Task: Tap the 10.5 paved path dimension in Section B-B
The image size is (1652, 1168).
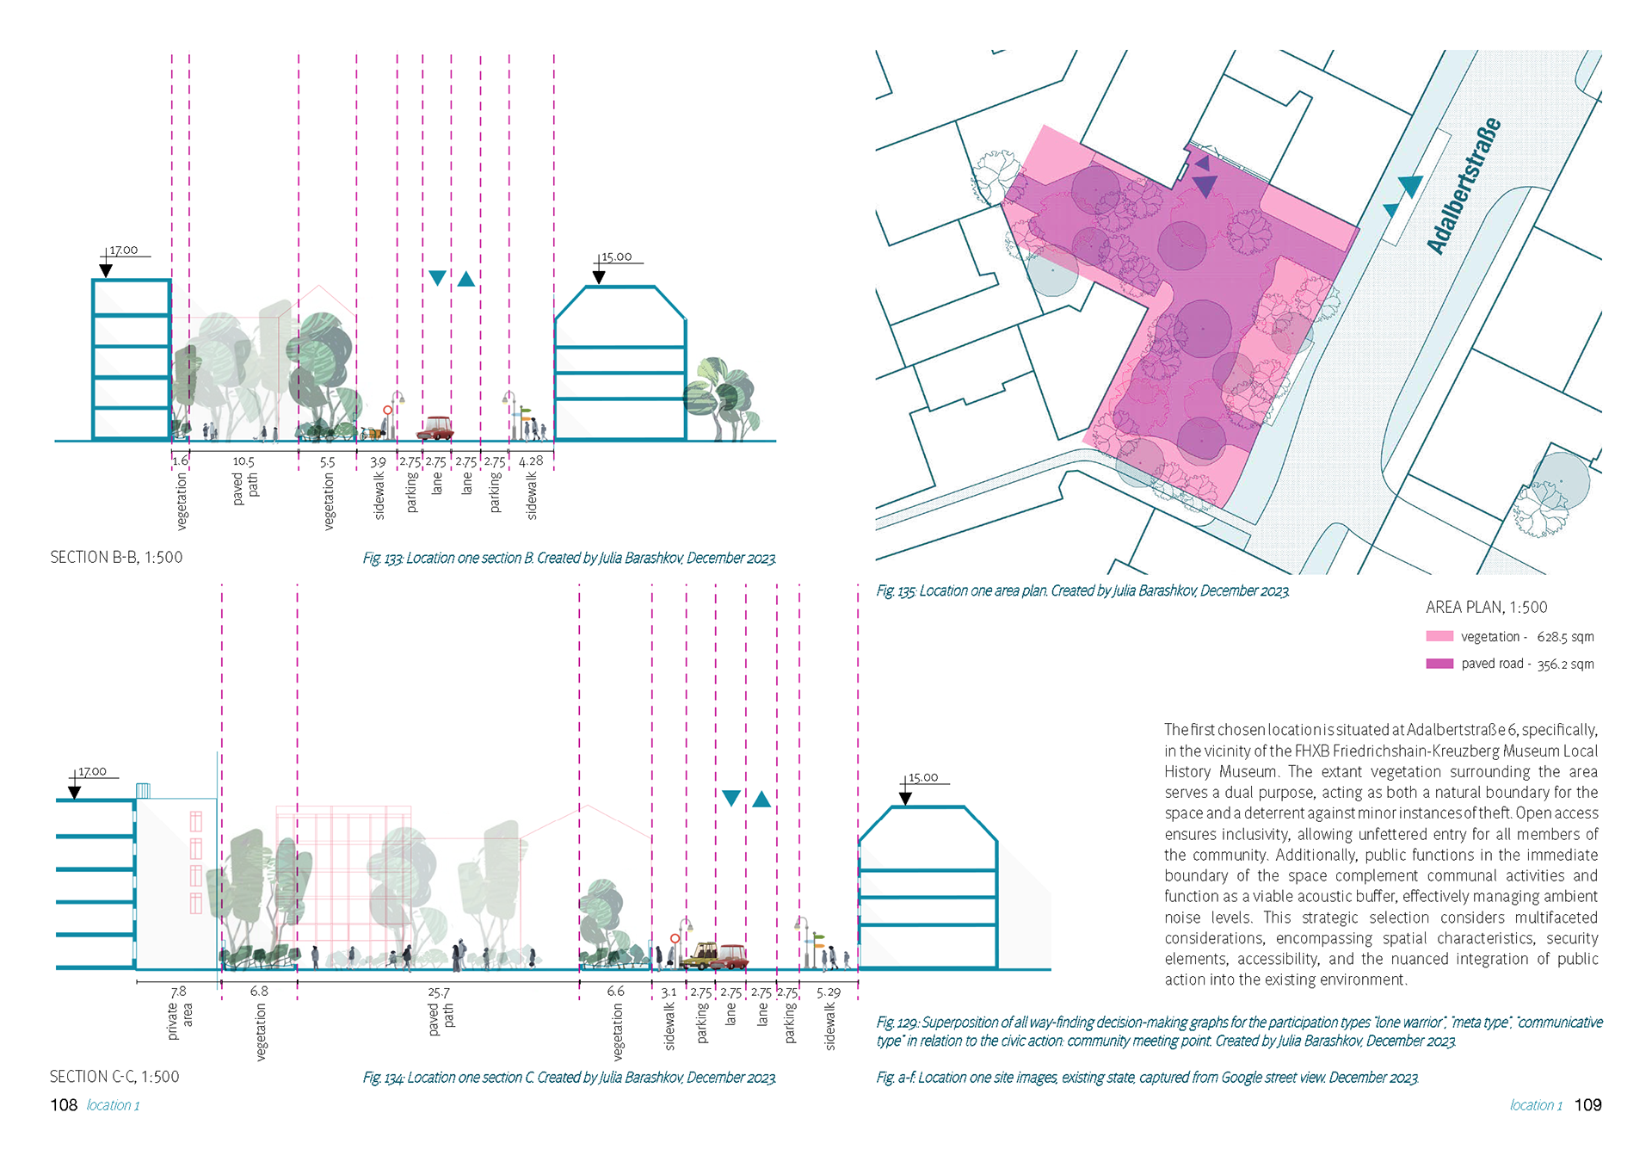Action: [x=243, y=461]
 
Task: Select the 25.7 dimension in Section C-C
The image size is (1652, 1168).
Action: [x=438, y=992]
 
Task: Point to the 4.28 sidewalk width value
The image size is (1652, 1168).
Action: [x=531, y=460]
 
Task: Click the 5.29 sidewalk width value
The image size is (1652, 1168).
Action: [x=828, y=992]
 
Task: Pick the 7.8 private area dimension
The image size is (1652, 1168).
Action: [x=178, y=992]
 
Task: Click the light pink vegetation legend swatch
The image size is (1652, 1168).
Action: [x=1439, y=636]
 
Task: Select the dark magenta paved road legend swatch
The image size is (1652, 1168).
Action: [x=1439, y=664]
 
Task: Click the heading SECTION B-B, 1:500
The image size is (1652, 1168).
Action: [x=116, y=558]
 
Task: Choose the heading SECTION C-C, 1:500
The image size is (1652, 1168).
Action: [x=114, y=1077]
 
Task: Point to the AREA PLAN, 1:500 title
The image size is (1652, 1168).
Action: [x=1486, y=607]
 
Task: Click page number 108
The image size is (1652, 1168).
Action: [x=64, y=1105]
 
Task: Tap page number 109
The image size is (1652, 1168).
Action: [x=1587, y=1105]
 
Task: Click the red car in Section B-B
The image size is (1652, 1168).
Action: [x=435, y=429]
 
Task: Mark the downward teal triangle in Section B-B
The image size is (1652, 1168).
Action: [x=437, y=278]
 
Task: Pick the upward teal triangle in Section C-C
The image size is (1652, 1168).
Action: [x=761, y=800]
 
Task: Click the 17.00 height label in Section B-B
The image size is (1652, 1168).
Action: [x=124, y=250]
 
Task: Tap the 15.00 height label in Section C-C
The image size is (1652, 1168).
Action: [x=923, y=778]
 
